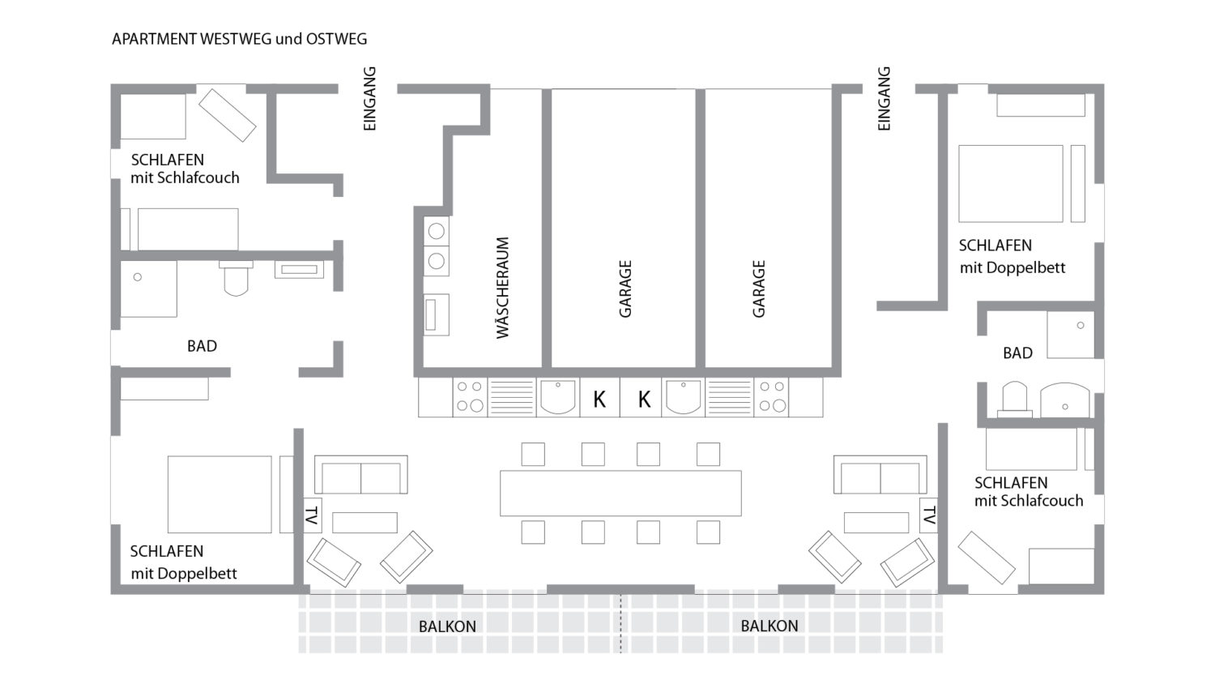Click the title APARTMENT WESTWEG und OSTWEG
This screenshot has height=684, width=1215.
point(239,39)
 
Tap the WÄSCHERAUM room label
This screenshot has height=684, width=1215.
point(503,288)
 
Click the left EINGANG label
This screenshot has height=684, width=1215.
point(370,99)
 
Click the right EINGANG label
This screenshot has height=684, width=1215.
point(885,99)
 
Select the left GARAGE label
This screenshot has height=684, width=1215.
point(625,289)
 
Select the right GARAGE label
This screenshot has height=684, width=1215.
point(759,289)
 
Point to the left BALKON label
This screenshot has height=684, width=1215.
point(447,626)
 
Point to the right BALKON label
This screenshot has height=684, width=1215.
point(769,626)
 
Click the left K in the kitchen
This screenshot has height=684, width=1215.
point(599,399)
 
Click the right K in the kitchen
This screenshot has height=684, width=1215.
point(644,399)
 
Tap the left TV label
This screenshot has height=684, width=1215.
point(312,515)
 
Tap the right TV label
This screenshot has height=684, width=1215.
point(929,515)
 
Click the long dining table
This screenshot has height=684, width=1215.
point(620,493)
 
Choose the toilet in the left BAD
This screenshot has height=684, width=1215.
point(236,278)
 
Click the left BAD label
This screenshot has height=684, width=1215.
point(202,346)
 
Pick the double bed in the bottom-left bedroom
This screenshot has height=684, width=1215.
point(220,494)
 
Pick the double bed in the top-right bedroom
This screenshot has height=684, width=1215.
point(1010,183)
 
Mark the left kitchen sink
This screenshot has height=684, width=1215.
point(558,397)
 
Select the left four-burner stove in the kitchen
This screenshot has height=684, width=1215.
point(469,397)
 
